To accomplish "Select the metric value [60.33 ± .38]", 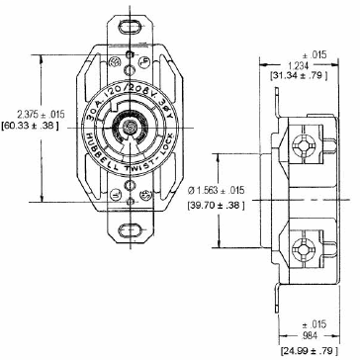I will coord(30,127).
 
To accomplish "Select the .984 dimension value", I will coord(309,333).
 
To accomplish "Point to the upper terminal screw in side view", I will coord(303,145).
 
